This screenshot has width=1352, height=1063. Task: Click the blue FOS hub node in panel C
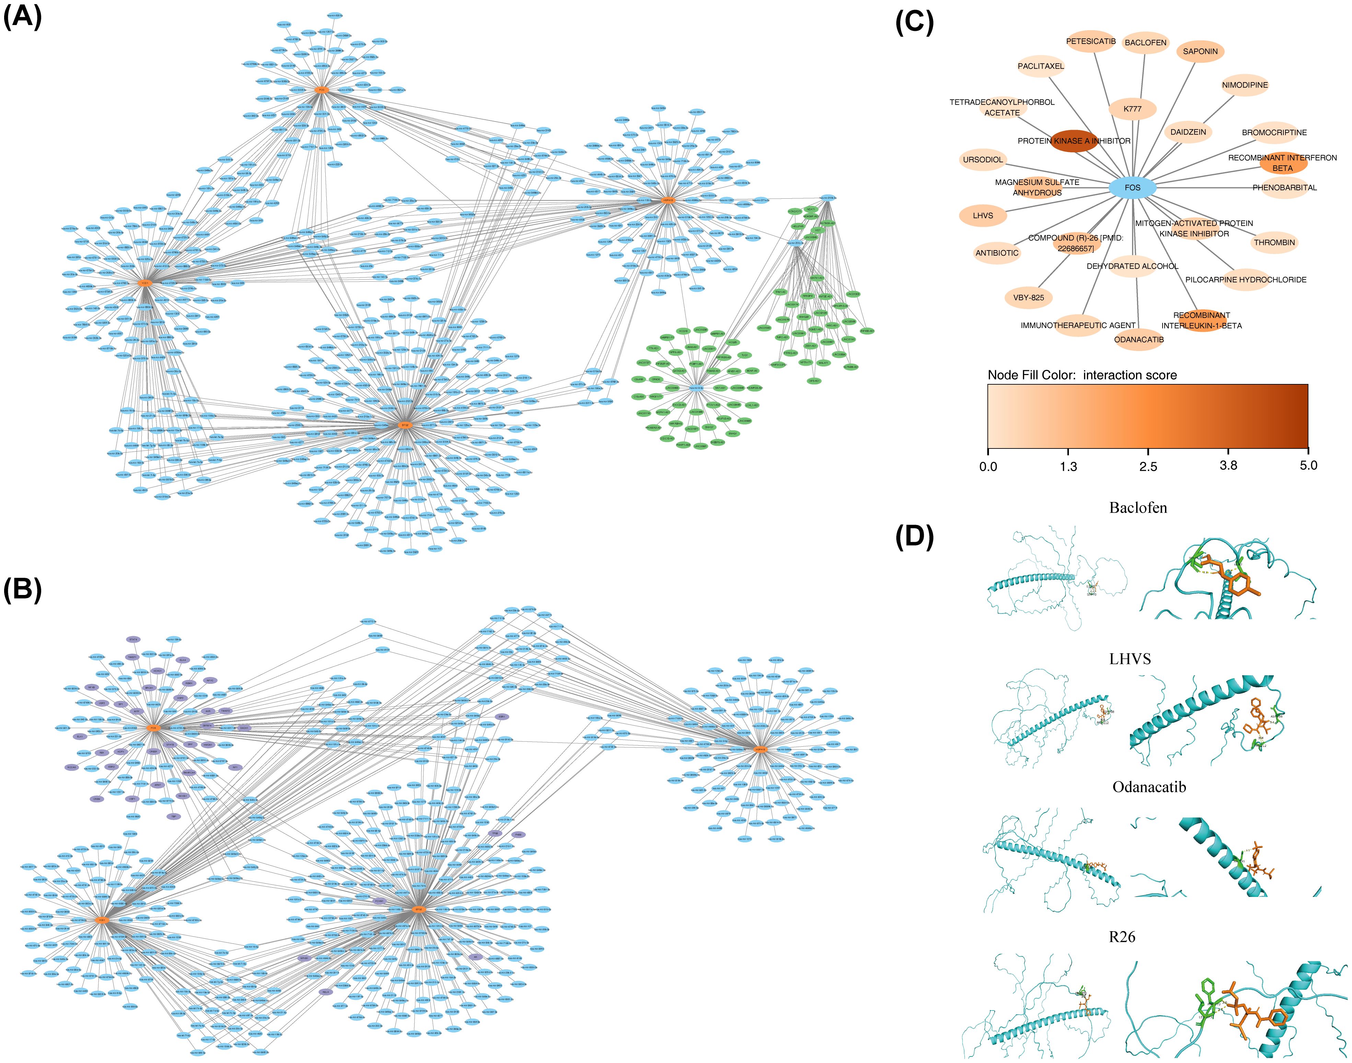1132,187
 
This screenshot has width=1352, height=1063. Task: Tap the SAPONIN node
1200,52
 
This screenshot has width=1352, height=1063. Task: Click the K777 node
1132,109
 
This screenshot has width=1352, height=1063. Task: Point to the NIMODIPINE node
1244,85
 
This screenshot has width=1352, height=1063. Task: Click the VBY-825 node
1028,297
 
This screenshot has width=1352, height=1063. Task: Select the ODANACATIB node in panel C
1139,339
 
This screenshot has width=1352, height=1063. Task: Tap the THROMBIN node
1274,242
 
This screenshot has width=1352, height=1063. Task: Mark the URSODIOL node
983,160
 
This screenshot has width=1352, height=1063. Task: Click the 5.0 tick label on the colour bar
1308,466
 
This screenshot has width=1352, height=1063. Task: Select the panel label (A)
23,17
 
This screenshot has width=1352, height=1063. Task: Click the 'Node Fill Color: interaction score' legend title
1082,375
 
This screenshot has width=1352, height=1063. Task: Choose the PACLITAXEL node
1041,66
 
